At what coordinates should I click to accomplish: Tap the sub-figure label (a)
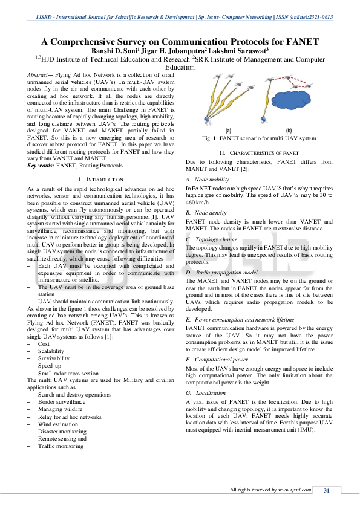228,130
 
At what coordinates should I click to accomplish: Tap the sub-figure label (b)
289,130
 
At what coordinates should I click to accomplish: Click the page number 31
326,490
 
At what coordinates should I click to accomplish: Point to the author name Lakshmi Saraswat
241,51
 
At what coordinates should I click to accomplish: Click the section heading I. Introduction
101,180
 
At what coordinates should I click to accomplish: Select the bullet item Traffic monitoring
61,446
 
